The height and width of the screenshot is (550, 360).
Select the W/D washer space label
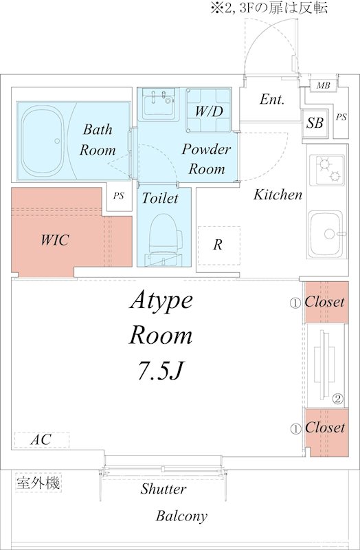pos(209,111)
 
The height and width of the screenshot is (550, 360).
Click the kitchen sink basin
pos(325,234)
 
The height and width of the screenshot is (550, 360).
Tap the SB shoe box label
pos(315,123)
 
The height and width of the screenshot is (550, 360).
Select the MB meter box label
pos(323,85)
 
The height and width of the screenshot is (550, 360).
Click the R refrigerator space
pos(218,245)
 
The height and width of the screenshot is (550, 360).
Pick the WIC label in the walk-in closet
pos(55,240)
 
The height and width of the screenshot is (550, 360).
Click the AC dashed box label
pos(41,440)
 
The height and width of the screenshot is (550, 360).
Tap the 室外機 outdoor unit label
pos(38,483)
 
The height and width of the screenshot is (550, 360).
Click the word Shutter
pos(164,489)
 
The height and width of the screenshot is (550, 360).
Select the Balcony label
pos(181,516)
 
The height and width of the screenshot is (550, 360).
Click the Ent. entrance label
pos(272,100)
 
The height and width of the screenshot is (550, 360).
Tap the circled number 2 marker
pos(338,399)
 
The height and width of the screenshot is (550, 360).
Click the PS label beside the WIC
pos(119,196)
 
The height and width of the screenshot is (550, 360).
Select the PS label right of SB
pos(341,117)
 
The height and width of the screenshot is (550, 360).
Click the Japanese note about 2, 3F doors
pos(269,8)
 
